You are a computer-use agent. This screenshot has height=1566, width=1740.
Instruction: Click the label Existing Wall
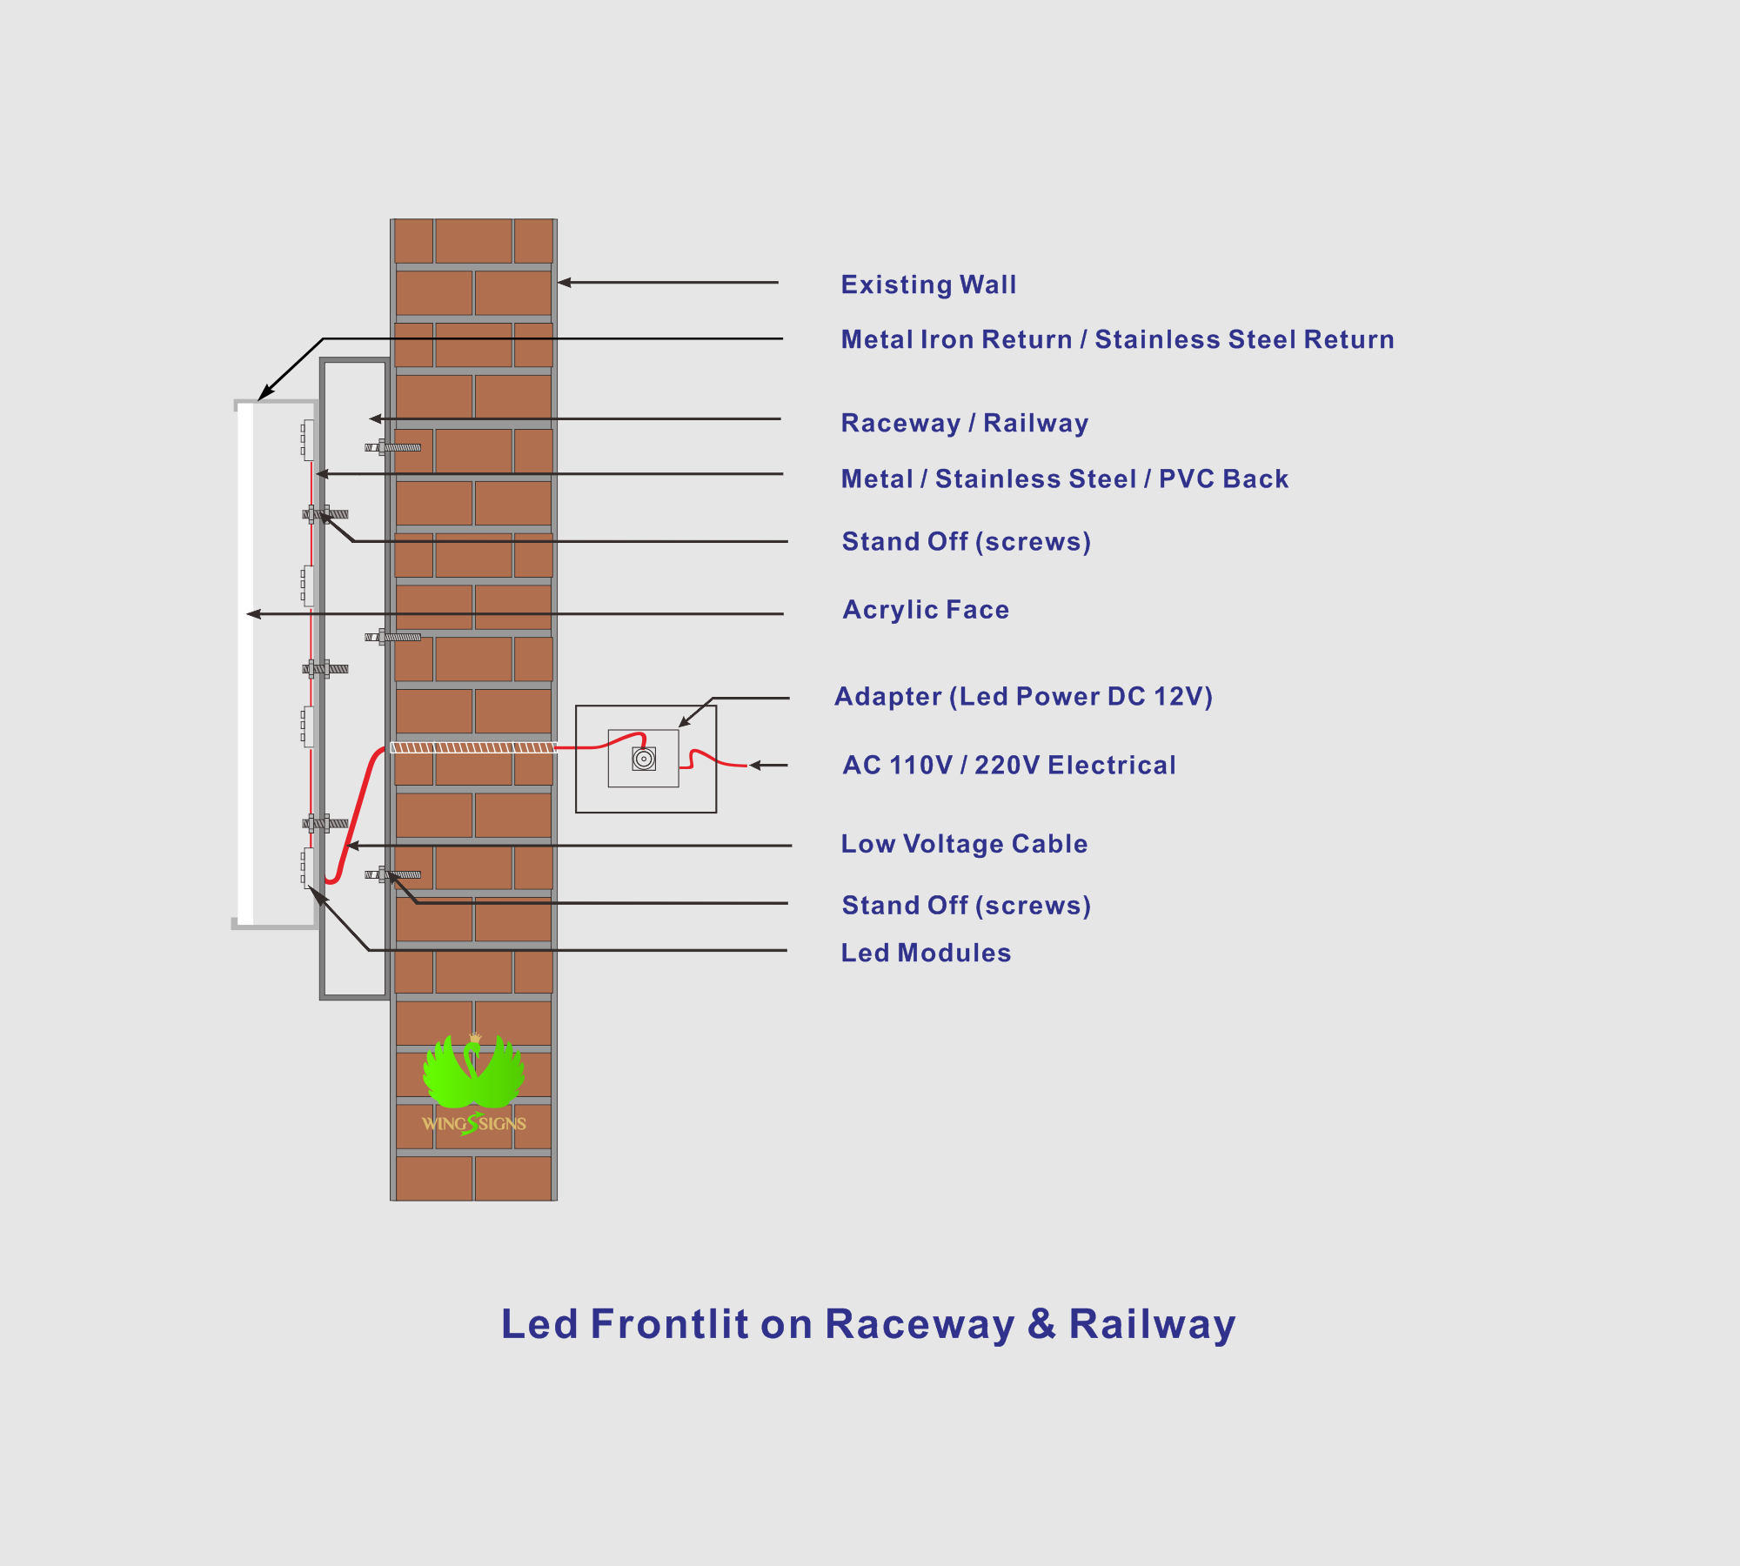[928, 284]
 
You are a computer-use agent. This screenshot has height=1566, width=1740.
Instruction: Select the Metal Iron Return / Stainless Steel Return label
[1117, 339]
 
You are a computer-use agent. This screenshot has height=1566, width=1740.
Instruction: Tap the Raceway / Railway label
[964, 423]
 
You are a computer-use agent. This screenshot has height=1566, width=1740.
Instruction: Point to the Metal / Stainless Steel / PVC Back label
[1064, 478]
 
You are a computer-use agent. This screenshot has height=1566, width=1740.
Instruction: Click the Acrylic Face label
[926, 610]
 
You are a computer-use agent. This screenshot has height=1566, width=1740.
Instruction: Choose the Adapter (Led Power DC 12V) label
[1023, 696]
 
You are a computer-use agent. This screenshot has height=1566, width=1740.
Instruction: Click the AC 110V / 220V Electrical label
[1009, 765]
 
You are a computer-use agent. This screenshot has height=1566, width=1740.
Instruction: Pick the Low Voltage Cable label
[964, 844]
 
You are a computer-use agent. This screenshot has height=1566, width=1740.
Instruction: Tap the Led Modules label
[926, 953]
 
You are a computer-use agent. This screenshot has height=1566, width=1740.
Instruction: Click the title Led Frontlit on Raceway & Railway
[868, 1324]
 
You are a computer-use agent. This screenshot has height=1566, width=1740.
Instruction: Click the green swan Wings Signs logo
[474, 1084]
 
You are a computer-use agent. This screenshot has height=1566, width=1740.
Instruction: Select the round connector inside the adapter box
[644, 759]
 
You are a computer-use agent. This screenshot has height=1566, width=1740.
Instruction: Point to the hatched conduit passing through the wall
[473, 747]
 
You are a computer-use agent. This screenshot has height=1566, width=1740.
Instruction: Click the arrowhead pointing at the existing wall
[564, 283]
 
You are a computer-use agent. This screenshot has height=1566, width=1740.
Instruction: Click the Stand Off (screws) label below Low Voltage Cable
[966, 906]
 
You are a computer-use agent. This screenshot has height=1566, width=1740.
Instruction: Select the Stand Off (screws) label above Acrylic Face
[966, 542]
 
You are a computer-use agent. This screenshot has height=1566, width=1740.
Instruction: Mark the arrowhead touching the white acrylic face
[253, 614]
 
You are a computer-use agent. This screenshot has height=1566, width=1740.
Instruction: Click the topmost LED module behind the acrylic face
[308, 439]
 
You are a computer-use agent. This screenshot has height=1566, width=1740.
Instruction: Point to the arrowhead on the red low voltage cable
[352, 846]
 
